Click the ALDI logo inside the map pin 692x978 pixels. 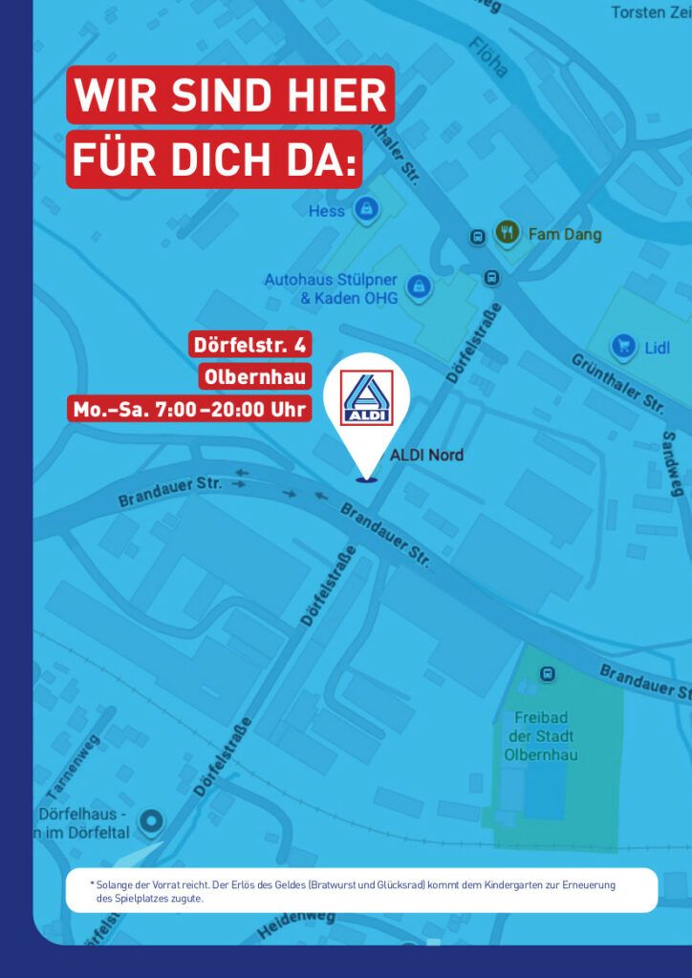pos(367,398)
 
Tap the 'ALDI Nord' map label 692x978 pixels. pos(426,455)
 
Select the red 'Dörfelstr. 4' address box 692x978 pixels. pos(250,345)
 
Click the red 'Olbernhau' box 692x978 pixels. pos(255,376)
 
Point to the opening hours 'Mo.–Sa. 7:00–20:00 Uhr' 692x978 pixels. pos(190,409)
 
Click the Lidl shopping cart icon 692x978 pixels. pos(624,347)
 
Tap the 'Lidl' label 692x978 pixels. pos(657,348)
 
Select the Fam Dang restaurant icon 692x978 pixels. pos(507,232)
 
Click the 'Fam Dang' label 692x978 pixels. pos(565,234)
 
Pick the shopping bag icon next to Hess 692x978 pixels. pos(364,208)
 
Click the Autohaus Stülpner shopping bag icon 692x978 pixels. pos(418,286)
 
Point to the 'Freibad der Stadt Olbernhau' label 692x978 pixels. pos(540,735)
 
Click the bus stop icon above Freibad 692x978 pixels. pos(547,674)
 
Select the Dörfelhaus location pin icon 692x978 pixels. pos(151,820)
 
